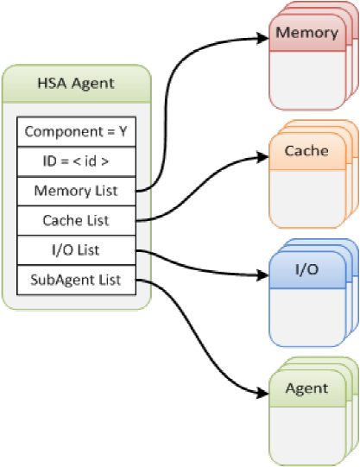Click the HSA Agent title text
tap(76, 84)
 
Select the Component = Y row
tap(77, 132)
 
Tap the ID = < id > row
tap(77, 161)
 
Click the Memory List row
tap(77, 191)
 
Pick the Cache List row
tap(77, 220)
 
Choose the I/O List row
tap(77, 249)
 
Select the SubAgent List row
tap(77, 280)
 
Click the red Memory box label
tap(307, 33)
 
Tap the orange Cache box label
tap(306, 151)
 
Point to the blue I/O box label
tap(307, 269)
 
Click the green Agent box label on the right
tap(307, 388)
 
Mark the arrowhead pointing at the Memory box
tap(263, 38)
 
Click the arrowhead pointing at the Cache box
tap(263, 156)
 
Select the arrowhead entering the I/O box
tap(263, 275)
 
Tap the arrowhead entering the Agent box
tap(263, 394)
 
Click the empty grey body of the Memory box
tap(307, 80)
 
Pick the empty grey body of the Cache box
tap(307, 199)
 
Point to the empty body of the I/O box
tap(307, 318)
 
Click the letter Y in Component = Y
tap(123, 131)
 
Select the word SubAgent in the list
tap(62, 281)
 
